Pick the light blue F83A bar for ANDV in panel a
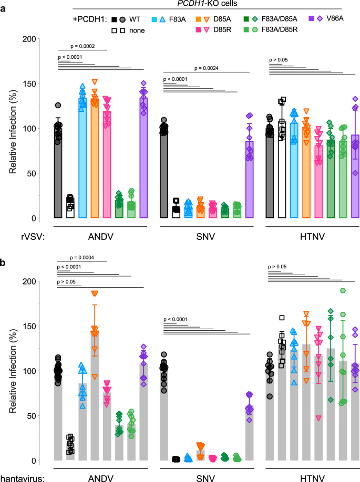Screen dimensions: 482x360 (x=83, y=158)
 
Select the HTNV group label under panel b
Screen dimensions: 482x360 (x=308, y=476)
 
